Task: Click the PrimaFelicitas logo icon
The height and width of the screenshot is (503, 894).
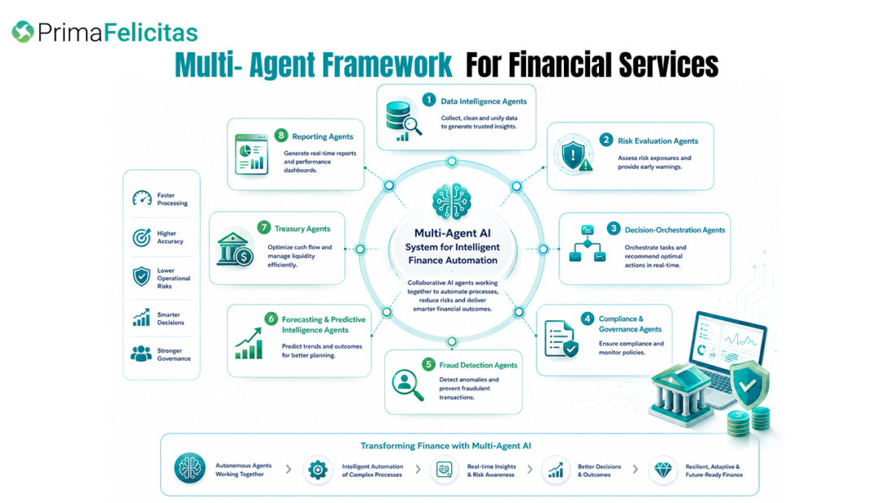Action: click(x=23, y=32)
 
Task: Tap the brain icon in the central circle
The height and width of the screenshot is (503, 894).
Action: click(x=452, y=202)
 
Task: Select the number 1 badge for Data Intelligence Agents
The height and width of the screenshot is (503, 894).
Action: click(x=429, y=100)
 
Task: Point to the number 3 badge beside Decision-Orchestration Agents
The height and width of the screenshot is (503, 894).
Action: click(x=614, y=228)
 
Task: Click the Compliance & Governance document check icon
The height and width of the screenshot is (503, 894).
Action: click(x=561, y=339)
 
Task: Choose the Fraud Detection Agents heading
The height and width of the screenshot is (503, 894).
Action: click(x=478, y=365)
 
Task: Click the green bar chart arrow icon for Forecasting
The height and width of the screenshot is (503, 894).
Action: click(x=249, y=343)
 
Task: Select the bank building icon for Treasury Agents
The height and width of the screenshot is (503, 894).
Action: click(x=235, y=249)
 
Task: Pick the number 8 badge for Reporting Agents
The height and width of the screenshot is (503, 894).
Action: click(x=280, y=135)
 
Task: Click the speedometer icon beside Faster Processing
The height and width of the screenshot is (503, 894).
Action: click(x=142, y=198)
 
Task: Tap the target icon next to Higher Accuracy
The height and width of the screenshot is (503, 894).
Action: click(x=141, y=236)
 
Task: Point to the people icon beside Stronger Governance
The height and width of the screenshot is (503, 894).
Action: click(x=141, y=353)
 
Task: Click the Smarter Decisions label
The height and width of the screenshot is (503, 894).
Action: click(x=171, y=319)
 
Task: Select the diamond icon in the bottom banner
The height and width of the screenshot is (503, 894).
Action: click(x=662, y=470)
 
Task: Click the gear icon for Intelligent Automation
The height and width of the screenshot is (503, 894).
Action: click(x=318, y=470)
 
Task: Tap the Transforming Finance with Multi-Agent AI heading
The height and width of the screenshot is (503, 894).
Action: click(x=445, y=446)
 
